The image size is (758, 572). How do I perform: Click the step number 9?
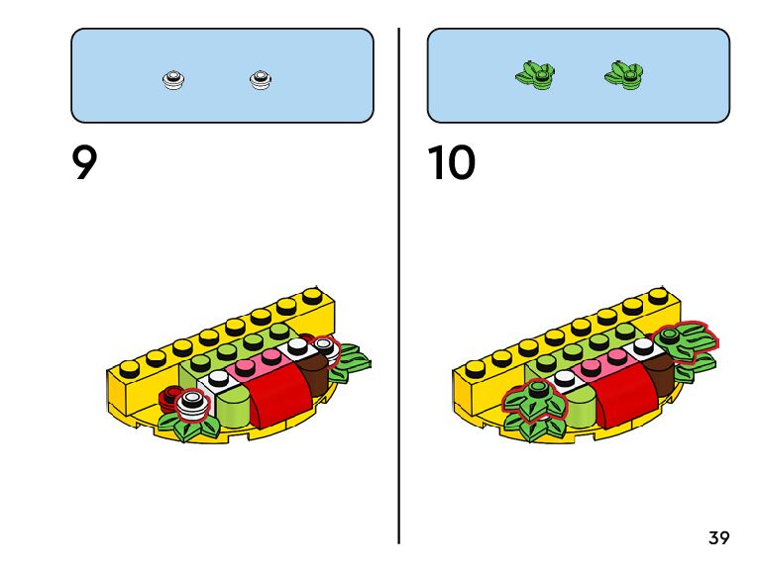point(85,163)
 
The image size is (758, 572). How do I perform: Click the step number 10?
point(451,163)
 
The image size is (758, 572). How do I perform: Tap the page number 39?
point(719,538)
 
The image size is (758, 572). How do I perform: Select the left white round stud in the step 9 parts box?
point(174,78)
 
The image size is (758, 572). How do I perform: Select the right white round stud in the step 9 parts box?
point(261,78)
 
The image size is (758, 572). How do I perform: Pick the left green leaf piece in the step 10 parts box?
point(535,74)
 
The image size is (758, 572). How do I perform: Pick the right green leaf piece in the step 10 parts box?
point(623,74)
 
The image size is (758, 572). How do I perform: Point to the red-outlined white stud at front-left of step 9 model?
point(195,402)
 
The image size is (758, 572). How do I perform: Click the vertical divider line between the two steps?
point(399,287)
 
